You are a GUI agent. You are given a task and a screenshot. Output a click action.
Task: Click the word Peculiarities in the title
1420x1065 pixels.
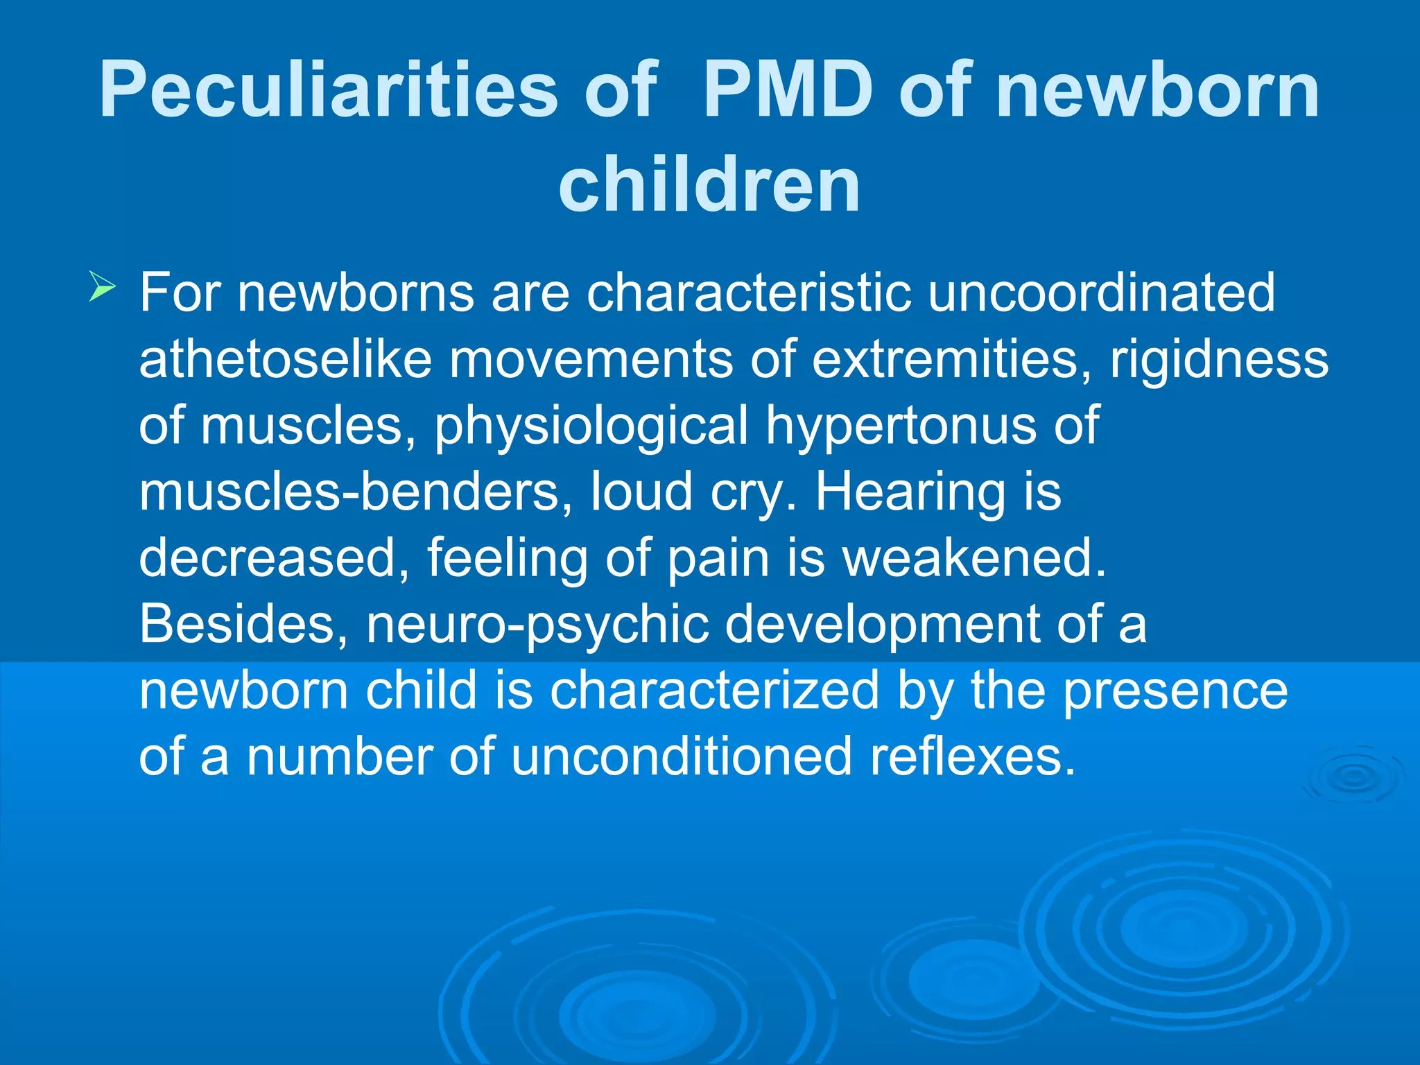point(329,90)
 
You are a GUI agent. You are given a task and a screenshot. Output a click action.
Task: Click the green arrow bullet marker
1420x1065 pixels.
point(103,288)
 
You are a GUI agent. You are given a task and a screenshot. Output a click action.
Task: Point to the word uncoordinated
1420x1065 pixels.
point(1101,293)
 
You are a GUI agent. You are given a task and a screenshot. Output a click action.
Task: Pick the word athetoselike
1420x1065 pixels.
point(286,359)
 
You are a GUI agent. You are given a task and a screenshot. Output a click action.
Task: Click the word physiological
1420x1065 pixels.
point(591,426)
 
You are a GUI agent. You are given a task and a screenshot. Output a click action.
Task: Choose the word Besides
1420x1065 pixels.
point(244,624)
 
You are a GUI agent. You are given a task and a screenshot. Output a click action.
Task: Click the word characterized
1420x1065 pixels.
point(714,691)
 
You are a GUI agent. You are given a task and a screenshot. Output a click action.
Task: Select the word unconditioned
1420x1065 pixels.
point(681,756)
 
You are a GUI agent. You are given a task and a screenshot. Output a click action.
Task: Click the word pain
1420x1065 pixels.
point(718,558)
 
